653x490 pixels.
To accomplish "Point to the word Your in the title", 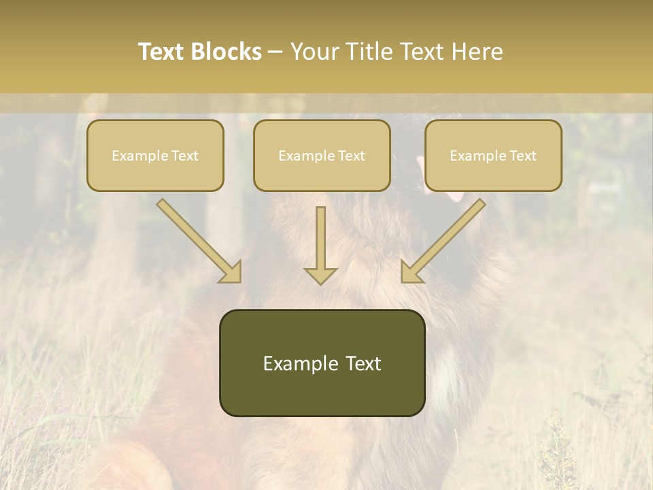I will click(x=315, y=52).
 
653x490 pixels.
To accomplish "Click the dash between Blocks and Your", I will click(x=275, y=52).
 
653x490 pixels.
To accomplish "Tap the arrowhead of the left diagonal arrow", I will click(x=231, y=272).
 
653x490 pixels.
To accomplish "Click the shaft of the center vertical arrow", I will click(x=320, y=235).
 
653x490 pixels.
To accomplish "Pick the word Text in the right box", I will click(x=523, y=156).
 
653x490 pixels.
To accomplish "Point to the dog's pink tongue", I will click(x=454, y=196).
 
